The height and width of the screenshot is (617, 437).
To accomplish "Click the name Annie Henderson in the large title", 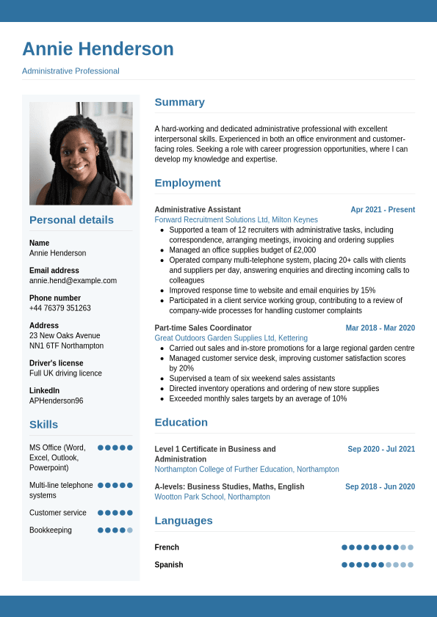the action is point(98,49).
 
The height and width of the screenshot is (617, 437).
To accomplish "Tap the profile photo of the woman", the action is point(81,153).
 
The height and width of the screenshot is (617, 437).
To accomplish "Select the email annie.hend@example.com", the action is point(73,280).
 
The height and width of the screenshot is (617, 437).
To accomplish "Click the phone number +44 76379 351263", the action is point(60,308).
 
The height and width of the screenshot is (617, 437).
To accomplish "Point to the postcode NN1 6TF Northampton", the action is point(66,346).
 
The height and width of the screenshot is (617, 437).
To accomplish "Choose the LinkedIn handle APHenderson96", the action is point(56,401).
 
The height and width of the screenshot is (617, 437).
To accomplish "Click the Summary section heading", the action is point(179,102).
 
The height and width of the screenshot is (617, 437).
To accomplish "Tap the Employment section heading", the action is point(187,183).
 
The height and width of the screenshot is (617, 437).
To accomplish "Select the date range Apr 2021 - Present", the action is point(383,209).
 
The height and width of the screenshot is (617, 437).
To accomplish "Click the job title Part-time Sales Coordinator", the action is point(203,328).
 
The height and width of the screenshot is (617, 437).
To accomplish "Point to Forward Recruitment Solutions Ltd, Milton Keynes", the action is point(236,219).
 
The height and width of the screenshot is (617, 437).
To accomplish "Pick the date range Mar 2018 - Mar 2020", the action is point(380,328).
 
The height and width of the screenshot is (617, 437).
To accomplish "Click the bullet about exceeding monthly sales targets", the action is point(258,398).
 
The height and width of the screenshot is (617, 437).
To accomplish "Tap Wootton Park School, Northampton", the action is point(212,497).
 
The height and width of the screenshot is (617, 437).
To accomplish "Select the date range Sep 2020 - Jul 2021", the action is point(381,449).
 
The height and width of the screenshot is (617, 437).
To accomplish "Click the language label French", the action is point(167,547).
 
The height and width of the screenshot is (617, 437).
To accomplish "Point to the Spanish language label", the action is point(169,565).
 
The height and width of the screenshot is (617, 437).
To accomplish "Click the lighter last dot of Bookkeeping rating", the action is point(130,530).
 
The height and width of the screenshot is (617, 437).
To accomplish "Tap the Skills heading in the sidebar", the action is point(43,424).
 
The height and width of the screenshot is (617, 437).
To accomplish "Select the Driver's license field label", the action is point(56,363).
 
